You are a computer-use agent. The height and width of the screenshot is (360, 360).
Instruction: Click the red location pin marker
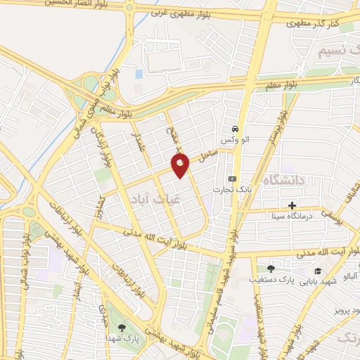(181, 166)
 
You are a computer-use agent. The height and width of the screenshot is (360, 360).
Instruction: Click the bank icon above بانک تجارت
(232, 179)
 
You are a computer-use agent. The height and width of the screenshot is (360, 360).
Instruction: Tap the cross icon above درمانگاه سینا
(292, 205)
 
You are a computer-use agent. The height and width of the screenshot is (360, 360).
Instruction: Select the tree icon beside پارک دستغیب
(271, 269)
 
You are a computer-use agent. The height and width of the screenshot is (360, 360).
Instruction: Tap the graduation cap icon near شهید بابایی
(317, 271)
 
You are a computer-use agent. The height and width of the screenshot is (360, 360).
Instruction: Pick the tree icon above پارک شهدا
(122, 327)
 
